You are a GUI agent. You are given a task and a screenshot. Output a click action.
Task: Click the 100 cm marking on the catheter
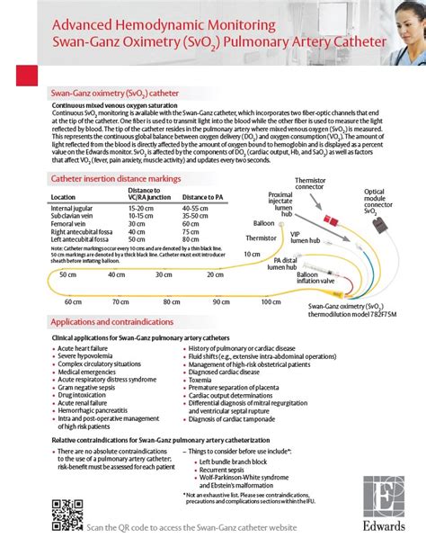(271, 302)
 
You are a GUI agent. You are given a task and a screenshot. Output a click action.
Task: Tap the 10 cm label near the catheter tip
(253, 255)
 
